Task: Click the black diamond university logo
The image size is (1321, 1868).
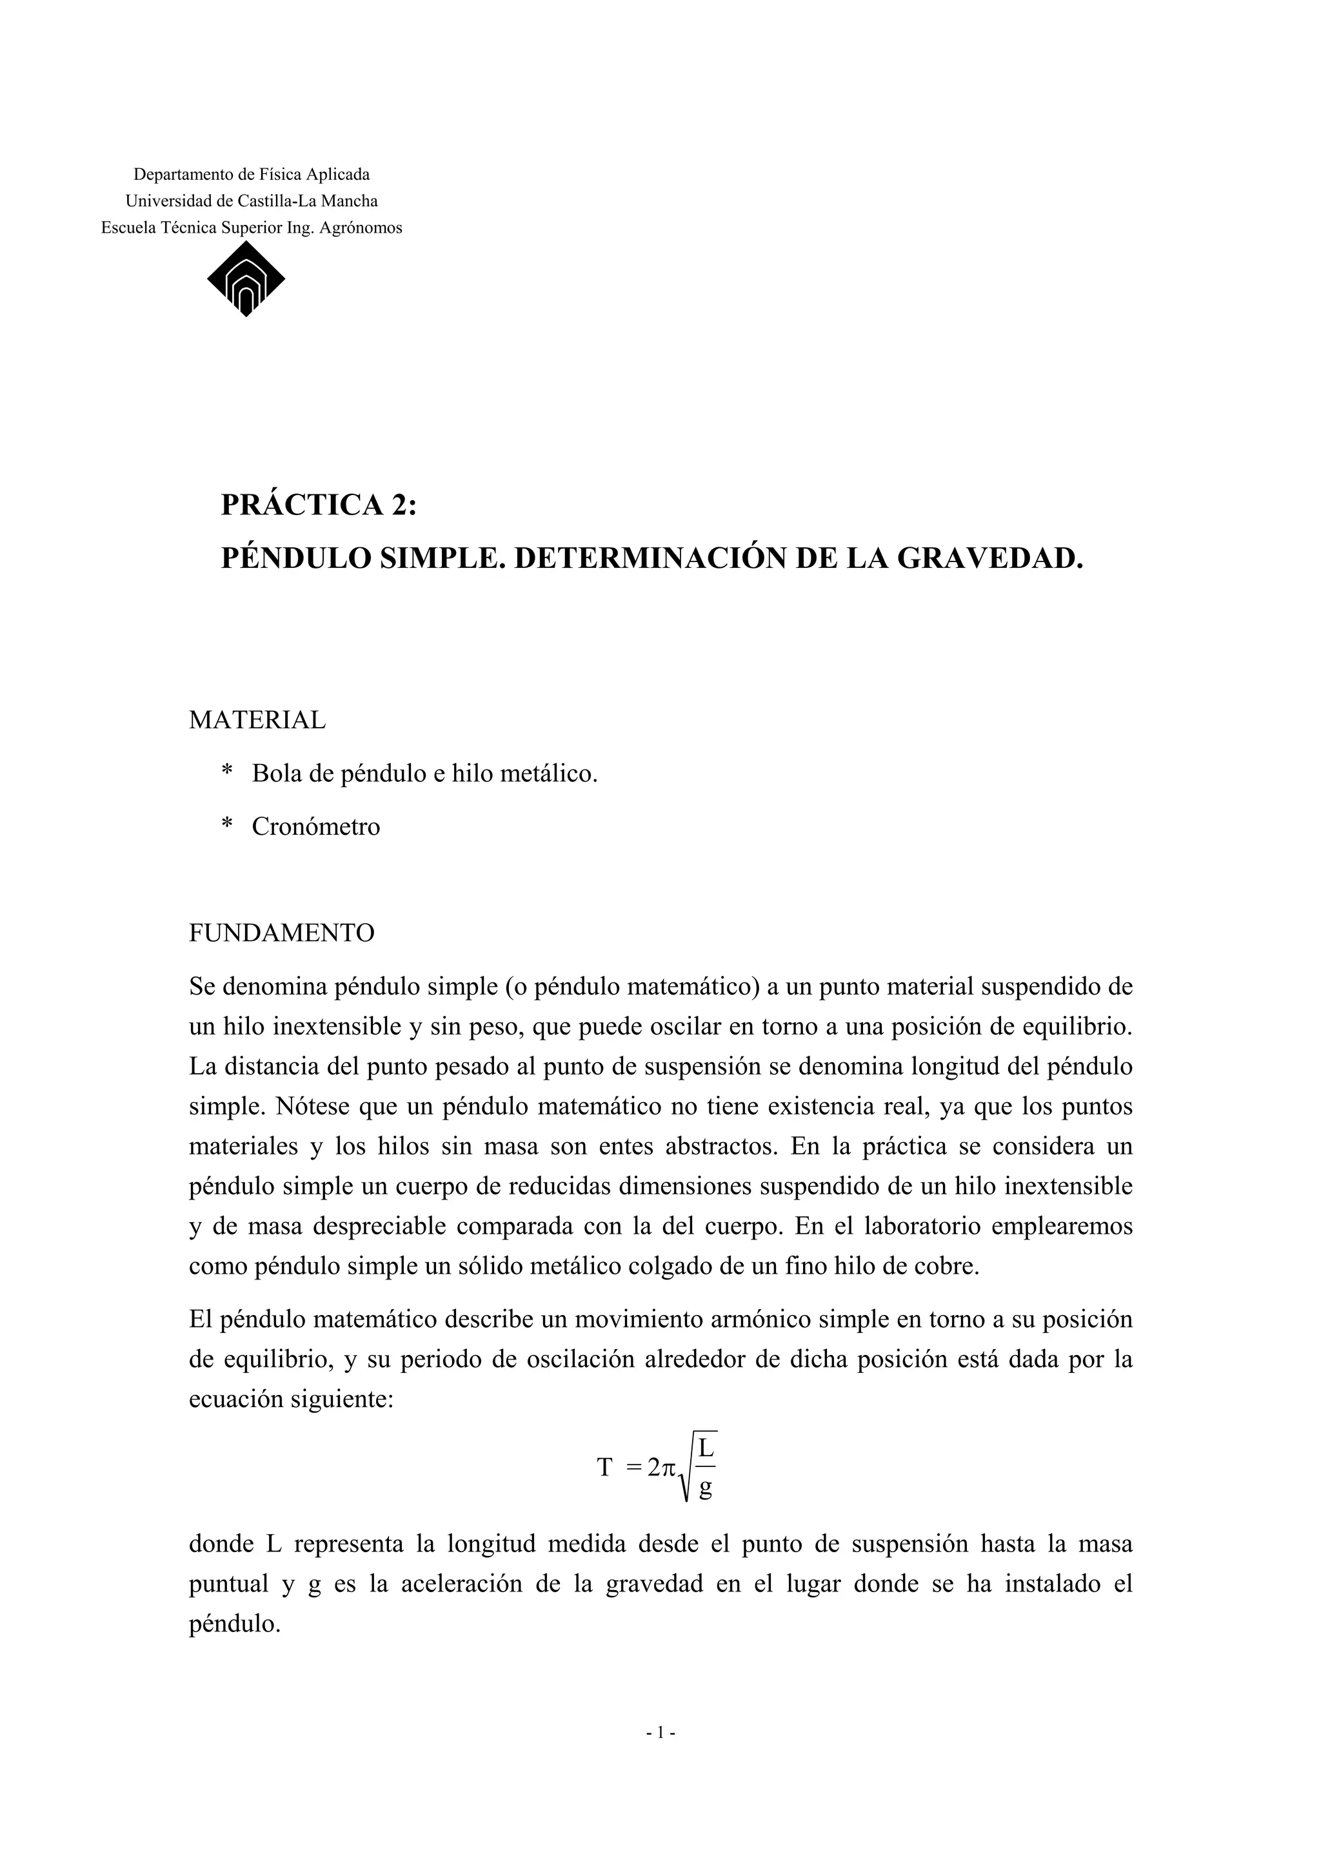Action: (x=246, y=279)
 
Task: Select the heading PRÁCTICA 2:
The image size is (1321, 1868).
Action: (x=318, y=505)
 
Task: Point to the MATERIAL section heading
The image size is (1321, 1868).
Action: (x=257, y=720)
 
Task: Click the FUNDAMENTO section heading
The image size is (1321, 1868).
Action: (x=282, y=932)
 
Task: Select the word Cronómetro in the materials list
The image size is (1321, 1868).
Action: (x=316, y=826)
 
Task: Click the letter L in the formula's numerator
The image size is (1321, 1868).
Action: (x=705, y=1449)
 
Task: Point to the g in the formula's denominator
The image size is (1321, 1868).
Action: (x=705, y=1488)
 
